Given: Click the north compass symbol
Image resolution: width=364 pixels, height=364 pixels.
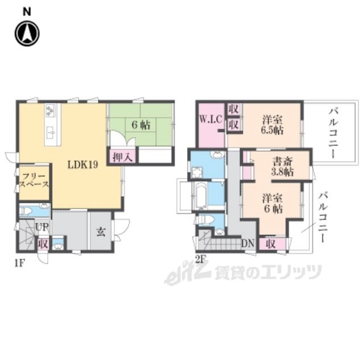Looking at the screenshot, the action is [x=27, y=34].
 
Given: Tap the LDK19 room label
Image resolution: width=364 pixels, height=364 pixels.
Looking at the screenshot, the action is [x=82, y=164].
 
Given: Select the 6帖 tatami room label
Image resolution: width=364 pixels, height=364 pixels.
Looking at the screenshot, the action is [x=141, y=125].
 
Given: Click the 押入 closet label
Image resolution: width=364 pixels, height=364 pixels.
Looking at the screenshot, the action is [x=123, y=158].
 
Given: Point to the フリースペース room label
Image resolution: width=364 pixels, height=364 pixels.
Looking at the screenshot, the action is [x=34, y=180].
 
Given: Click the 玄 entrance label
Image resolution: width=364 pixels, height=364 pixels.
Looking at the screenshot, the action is [x=101, y=232].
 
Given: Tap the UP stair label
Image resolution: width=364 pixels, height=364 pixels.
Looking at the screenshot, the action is [x=42, y=227].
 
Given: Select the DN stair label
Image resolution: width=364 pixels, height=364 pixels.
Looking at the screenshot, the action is [x=248, y=243].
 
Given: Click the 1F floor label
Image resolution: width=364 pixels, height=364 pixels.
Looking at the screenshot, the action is [x=19, y=263].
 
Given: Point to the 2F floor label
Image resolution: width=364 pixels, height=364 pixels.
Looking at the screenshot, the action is [x=201, y=259].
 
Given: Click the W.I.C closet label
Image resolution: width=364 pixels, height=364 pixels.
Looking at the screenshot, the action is [x=211, y=119].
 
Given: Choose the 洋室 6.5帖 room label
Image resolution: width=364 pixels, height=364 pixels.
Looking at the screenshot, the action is [x=272, y=125].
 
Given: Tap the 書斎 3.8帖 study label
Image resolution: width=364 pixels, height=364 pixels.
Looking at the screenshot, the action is [x=282, y=167].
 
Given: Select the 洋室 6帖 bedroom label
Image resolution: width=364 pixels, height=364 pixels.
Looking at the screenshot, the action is [x=272, y=204].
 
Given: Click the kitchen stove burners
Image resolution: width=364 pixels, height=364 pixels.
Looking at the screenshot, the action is [x=51, y=110].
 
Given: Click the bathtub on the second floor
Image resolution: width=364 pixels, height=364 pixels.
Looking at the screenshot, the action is [x=200, y=196].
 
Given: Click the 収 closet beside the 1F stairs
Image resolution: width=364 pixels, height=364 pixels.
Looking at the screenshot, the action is [x=43, y=244].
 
